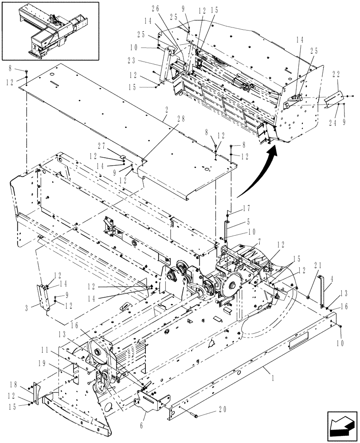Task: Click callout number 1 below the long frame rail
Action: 264,369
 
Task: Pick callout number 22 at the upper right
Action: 336,86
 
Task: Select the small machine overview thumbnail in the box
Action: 51,31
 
